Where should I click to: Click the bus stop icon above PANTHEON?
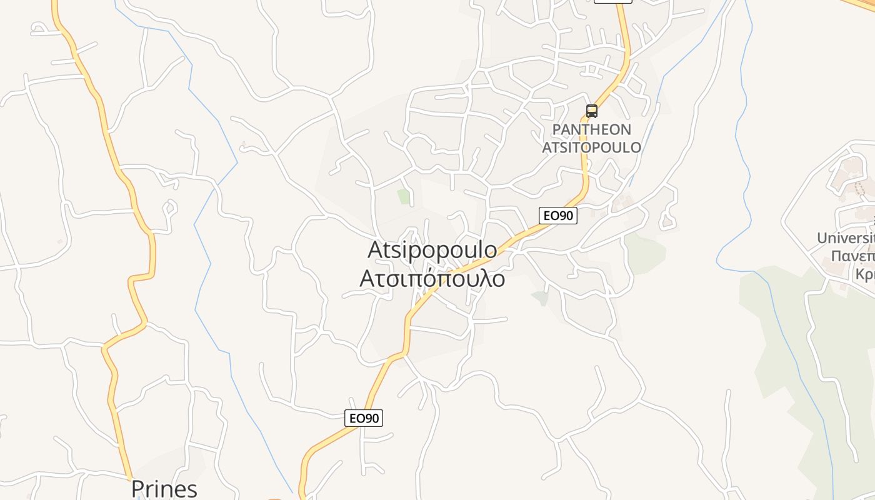(x=591, y=111)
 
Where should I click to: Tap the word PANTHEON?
(x=591, y=130)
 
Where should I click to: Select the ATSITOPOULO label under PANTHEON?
(x=591, y=147)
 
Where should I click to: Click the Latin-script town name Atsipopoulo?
(x=432, y=250)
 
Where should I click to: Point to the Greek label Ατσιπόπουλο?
(x=432, y=278)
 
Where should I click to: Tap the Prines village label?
(x=164, y=489)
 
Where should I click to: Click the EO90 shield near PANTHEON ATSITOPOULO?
(x=557, y=216)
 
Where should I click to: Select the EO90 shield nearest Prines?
(x=363, y=418)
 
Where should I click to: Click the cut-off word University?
(x=846, y=238)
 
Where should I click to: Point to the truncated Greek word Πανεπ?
(x=851, y=256)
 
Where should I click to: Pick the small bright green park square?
(x=404, y=197)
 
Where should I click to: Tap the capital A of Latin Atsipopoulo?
(x=376, y=250)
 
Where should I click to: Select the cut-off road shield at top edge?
(x=612, y=1)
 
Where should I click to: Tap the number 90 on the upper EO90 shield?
(x=565, y=216)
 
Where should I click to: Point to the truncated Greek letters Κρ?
(x=865, y=275)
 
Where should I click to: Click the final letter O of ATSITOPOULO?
(x=636, y=147)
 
